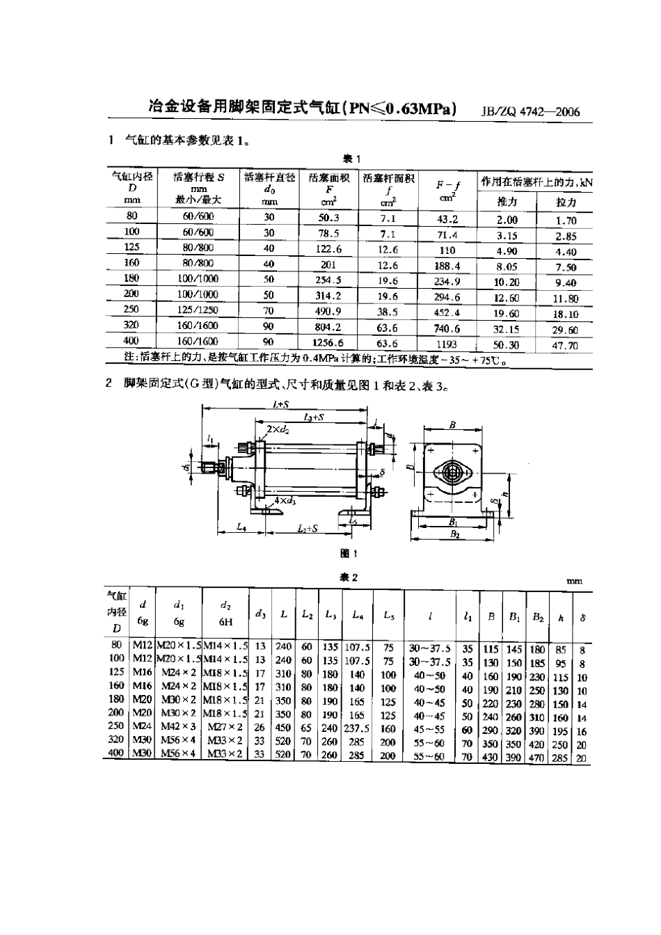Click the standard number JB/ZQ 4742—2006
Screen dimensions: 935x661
531,112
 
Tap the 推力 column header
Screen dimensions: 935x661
507,202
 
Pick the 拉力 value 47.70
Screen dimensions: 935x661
566,345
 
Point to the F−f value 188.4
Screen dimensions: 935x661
447,266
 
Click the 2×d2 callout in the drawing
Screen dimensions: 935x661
278,430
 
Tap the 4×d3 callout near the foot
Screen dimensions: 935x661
284,500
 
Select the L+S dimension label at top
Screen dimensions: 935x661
281,404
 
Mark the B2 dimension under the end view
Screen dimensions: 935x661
454,534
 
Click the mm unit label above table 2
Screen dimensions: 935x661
574,581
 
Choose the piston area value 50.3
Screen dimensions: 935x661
328,217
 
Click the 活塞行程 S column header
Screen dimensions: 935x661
198,177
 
